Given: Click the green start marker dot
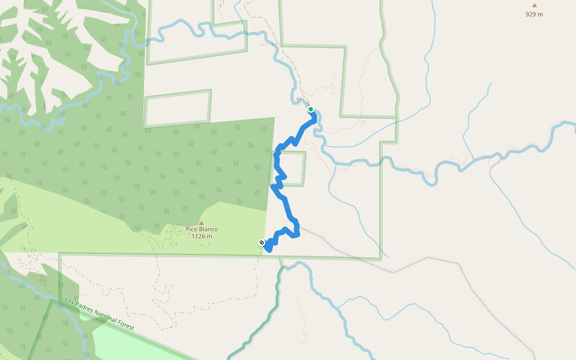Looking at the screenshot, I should coord(311,109).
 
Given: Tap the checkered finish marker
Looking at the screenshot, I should coord(262,242).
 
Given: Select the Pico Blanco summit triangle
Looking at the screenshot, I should coord(201,223).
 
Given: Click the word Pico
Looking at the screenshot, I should coord(191,229).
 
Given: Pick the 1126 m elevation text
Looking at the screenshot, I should coord(202,236).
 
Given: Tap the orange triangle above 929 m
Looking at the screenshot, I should coord(534,5).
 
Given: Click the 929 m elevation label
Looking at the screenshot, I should coord(534,14).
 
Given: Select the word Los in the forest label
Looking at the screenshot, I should coord(71,301).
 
